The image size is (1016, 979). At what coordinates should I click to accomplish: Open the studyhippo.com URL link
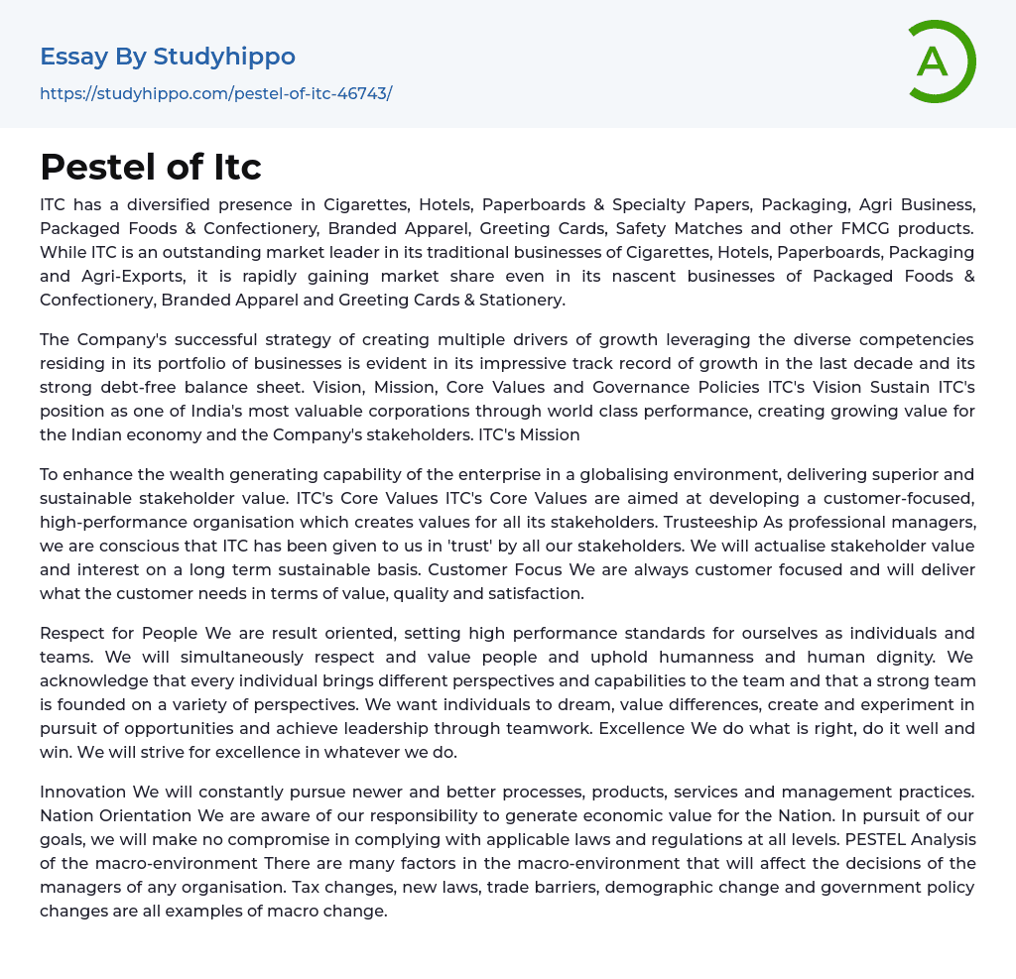tap(215, 93)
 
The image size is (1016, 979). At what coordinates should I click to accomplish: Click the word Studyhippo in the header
tap(224, 57)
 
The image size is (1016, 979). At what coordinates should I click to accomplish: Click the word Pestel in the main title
tap(96, 166)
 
